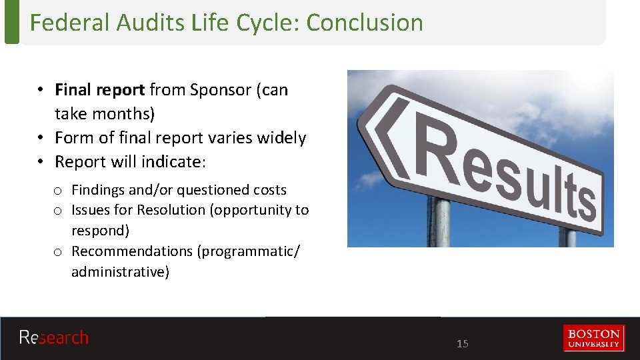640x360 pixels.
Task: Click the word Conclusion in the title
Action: pyautogui.click(x=365, y=23)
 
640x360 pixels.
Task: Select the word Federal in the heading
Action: pyautogui.click(x=70, y=23)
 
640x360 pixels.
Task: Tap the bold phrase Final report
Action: pyautogui.click(x=99, y=90)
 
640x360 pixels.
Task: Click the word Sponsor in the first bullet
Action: pyautogui.click(x=221, y=90)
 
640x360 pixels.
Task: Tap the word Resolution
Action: pyautogui.click(x=172, y=210)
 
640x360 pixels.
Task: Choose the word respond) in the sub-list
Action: pyautogui.click(x=101, y=231)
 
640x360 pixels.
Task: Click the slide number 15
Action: pyautogui.click(x=463, y=344)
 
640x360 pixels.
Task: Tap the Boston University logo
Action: pyautogui.click(x=593, y=338)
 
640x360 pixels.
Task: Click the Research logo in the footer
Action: pyautogui.click(x=54, y=338)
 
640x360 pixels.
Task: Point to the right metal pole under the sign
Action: pyautogui.click(x=567, y=237)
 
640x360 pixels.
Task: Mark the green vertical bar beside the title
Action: pyautogui.click(x=11, y=22)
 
